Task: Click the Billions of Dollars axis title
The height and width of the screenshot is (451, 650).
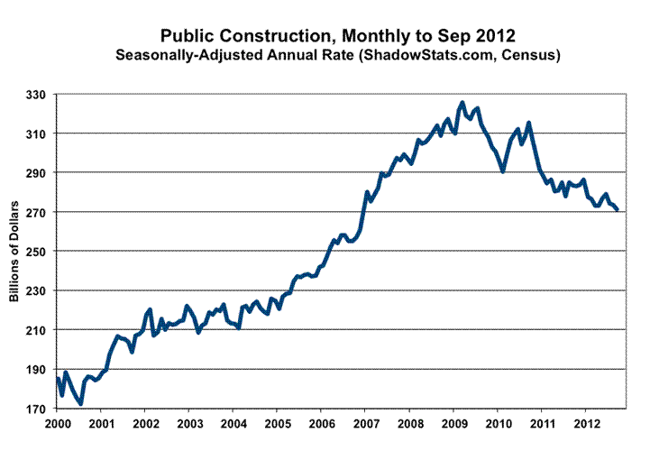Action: click(x=16, y=252)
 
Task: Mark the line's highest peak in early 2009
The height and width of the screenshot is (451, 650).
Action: click(x=462, y=103)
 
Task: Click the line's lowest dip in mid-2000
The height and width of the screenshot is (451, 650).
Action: click(x=81, y=403)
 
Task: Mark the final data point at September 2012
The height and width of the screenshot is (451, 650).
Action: click(x=618, y=209)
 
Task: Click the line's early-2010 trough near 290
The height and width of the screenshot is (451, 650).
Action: click(x=503, y=171)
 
